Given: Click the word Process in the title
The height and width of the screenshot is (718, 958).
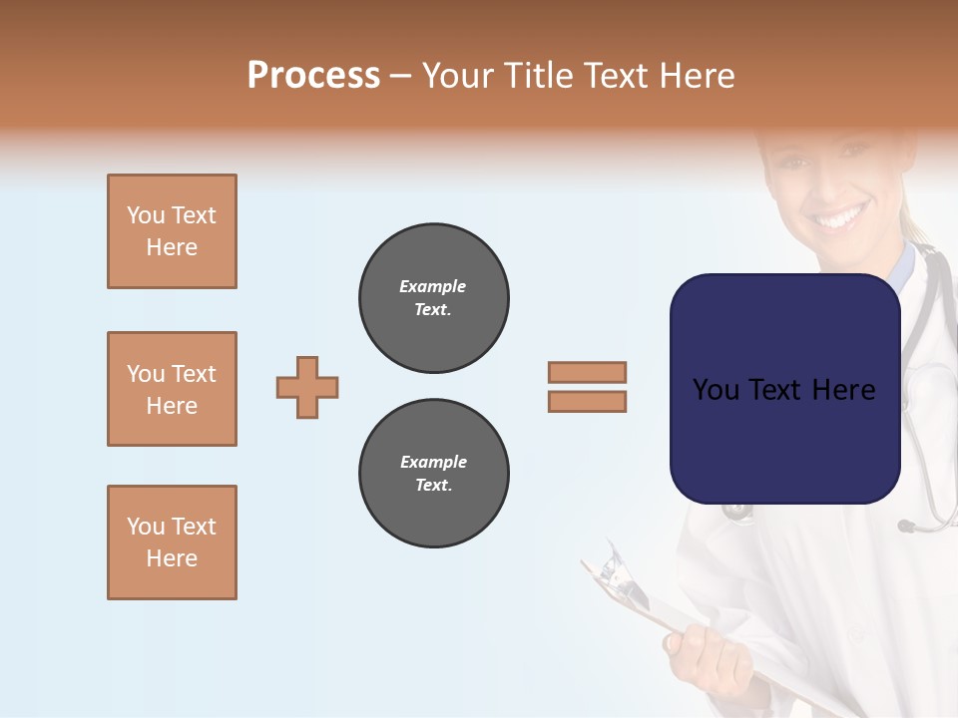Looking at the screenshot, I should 313,76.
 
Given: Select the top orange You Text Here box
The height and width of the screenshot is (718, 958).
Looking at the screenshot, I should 172,231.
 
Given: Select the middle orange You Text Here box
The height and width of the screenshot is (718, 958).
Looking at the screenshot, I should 172,389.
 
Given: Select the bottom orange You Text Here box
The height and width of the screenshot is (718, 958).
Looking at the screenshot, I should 172,542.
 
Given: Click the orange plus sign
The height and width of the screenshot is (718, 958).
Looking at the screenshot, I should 307,387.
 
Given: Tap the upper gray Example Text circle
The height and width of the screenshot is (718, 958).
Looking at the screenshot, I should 434,298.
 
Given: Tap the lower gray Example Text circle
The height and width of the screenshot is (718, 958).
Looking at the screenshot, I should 434,474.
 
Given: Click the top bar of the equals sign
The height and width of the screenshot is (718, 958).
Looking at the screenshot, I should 587,372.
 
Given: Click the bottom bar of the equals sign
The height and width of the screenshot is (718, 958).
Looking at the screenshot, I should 587,402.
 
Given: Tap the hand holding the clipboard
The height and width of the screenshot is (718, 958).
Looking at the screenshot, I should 709,653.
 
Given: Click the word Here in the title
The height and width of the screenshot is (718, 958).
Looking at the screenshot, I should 697,76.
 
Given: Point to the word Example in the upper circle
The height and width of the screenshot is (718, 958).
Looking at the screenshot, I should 433,287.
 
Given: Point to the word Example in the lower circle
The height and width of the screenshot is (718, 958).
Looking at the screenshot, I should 433,463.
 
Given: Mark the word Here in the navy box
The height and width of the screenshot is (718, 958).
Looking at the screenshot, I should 844,390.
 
